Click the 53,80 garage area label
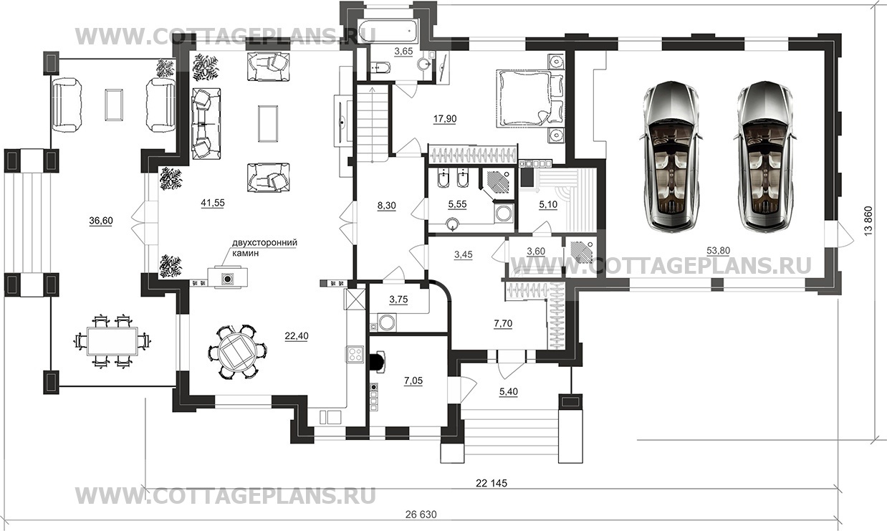point(718,250)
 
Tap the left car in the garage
point(671,156)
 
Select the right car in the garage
point(765,156)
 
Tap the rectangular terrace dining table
point(112,342)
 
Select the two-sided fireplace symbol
point(228,277)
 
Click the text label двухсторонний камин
point(264,247)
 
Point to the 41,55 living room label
point(213,203)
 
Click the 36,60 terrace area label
point(101,221)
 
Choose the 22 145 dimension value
point(491,483)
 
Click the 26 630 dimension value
point(421,515)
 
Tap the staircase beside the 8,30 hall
point(373,123)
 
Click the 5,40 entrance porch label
point(509,391)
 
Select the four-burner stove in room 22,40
point(355,354)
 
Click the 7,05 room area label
point(413,381)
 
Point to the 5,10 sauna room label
point(548,204)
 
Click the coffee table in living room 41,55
point(268,123)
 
